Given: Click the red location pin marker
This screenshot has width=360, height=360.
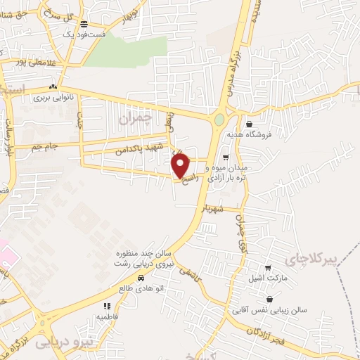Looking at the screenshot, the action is pos(181,165).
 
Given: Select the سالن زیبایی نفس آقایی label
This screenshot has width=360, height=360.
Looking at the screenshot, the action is pos(267,309).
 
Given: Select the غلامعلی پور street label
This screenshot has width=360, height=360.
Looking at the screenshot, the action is pos(25,62).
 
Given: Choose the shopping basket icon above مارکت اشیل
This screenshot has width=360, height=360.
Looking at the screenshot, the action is pos(267,268).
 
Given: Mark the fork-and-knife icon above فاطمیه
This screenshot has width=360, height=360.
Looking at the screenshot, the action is pos(107,306).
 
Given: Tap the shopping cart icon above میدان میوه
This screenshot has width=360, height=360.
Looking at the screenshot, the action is pos(225,157).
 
